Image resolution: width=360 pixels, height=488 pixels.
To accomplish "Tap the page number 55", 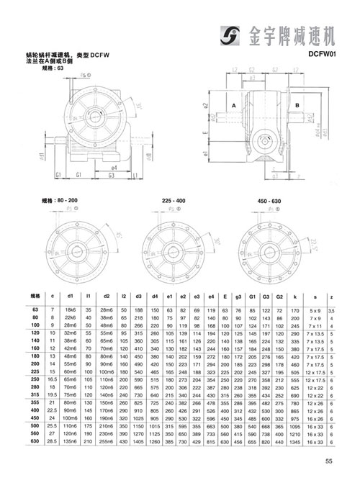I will pos(328,462).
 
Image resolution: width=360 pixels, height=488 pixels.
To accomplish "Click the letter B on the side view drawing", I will pos(296,105).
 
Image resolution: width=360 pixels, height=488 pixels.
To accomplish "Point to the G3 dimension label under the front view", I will pos(113,174).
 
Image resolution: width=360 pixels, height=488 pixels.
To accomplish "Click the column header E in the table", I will pos(226,295).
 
